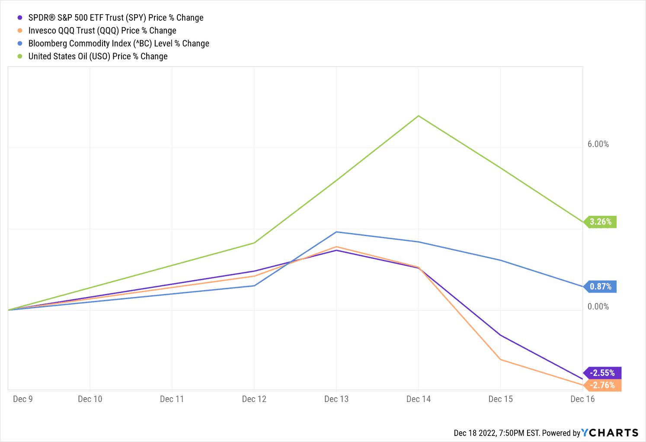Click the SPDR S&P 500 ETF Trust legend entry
[115, 18]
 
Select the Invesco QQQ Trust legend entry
[102, 31]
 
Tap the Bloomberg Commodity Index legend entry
[118, 44]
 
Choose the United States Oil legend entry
[98, 57]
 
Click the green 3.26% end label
[601, 222]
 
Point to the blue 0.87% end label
[601, 287]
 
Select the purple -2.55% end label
[602, 373]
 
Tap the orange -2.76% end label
[602, 385]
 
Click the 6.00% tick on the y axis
[598, 144]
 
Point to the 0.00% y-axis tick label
[598, 306]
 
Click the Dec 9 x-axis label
[23, 399]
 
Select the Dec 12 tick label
[254, 399]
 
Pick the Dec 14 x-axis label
[419, 399]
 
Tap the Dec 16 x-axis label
[582, 399]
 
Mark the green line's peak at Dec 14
[419, 116]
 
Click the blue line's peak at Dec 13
[336, 232]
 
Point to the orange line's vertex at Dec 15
[501, 360]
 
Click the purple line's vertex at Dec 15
[501, 335]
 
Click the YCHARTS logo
[610, 433]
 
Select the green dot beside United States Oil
[20, 57]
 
